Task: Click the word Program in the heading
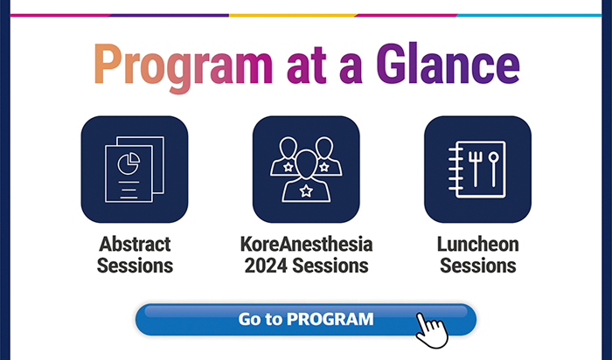click(183, 67)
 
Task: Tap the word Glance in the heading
click(448, 64)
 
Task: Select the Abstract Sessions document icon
click(135, 170)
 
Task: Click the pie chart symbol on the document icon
click(129, 163)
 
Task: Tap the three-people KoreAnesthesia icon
click(306, 170)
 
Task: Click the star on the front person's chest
click(306, 190)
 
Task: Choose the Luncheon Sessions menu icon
click(477, 170)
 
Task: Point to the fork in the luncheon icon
click(475, 169)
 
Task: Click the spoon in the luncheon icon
click(493, 169)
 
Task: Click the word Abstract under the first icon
click(135, 245)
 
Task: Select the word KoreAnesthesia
click(306, 245)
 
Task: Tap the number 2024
click(266, 266)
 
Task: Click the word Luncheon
click(478, 245)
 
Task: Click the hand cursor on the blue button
click(431, 330)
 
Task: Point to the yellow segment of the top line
click(292, 16)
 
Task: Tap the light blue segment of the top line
click(529, 16)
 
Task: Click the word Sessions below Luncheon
click(478, 266)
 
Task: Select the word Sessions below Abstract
click(135, 266)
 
